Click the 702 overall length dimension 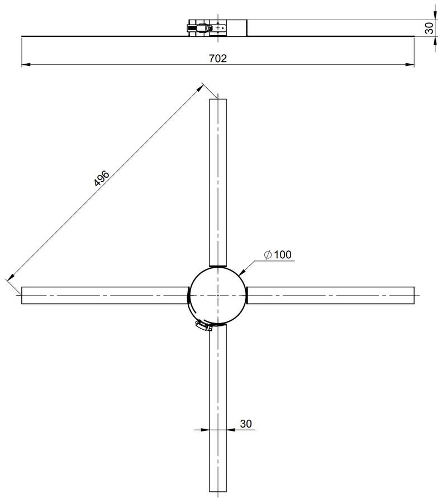(218, 58)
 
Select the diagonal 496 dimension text (102, 178)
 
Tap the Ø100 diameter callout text (278, 255)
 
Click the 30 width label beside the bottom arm (246, 424)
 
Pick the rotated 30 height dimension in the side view (429, 28)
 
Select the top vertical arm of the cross (218, 183)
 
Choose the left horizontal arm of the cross (104, 295)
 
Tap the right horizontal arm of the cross (330, 295)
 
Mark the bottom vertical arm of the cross (218, 408)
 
